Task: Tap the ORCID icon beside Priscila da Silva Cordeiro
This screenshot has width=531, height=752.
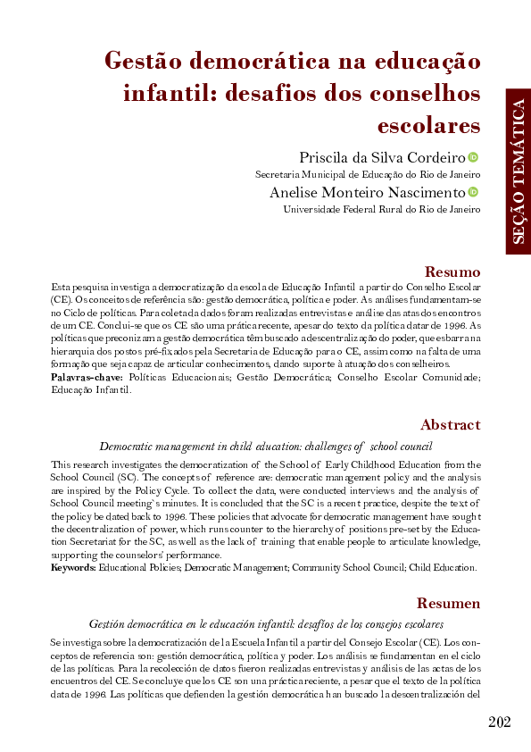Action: point(473,157)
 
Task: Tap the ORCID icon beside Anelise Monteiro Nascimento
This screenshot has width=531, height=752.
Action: point(473,192)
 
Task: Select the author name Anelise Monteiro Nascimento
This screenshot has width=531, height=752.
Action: point(367,192)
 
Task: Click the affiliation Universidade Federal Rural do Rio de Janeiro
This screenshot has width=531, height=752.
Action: point(381,210)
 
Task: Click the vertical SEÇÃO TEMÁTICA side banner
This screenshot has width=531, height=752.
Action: point(518,171)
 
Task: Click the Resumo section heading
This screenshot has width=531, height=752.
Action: point(452,272)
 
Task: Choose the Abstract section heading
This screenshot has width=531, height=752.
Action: point(450,425)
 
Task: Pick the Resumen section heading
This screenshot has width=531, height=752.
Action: point(449,604)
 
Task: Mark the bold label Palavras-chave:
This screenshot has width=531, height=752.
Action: point(87,378)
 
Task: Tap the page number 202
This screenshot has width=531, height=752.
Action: point(500,722)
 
